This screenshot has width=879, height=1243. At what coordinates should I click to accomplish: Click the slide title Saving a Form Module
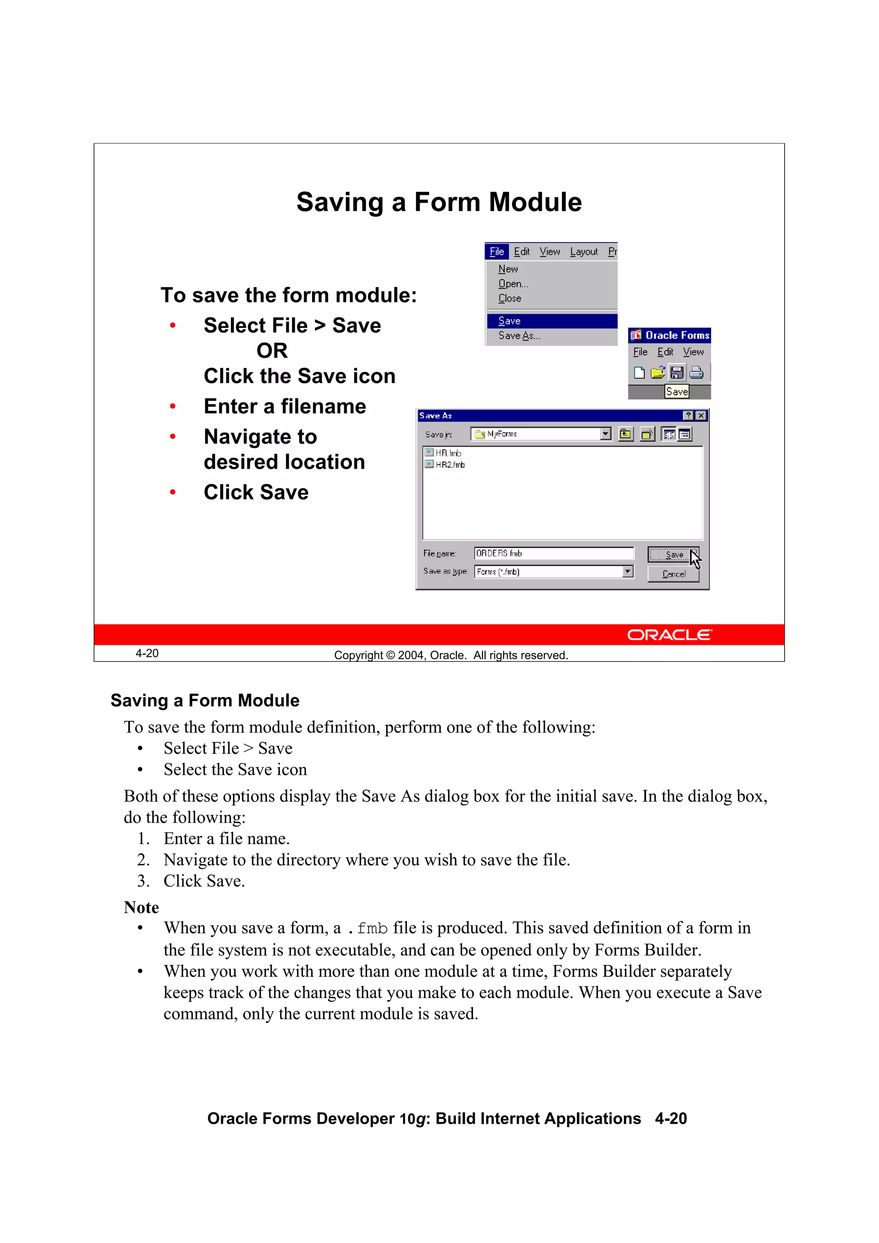coord(439,202)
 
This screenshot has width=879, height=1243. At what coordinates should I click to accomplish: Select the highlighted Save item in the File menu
coord(509,321)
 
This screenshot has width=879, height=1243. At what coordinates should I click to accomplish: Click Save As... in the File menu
coord(519,336)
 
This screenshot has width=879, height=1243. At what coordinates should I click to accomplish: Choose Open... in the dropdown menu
coord(512,284)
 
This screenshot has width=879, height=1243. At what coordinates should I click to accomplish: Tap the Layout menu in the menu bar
coord(583,252)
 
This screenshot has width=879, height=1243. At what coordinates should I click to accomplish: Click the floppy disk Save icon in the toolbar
coord(676,372)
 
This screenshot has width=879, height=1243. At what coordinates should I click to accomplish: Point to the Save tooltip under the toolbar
coord(677,391)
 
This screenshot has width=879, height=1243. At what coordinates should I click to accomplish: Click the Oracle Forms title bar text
coord(676,335)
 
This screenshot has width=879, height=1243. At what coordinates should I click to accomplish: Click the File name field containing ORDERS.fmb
coord(552,553)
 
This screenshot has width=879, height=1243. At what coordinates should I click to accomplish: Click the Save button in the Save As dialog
coord(673,554)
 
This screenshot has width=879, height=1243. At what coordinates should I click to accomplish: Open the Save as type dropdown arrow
coord(627,571)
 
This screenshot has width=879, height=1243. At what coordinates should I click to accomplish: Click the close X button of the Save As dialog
coord(701,415)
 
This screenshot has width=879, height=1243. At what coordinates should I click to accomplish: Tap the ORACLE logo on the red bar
coord(670,635)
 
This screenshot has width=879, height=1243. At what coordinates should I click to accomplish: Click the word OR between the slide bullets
coord(272,351)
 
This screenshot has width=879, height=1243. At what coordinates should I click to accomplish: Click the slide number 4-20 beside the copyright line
coord(147,653)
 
